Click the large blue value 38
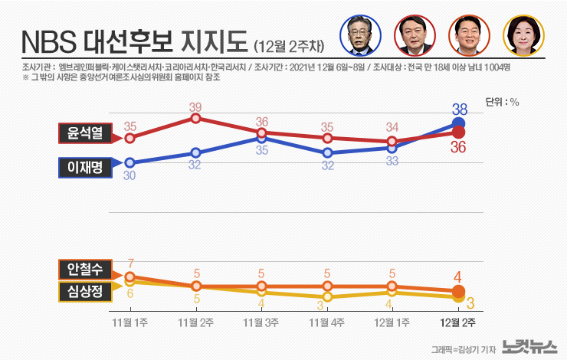point(460,109)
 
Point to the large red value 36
point(459,148)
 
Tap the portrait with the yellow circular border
point(520,35)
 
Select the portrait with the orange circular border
point(468,35)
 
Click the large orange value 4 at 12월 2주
point(457,277)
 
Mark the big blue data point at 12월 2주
point(458,124)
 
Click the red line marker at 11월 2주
point(196,119)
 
